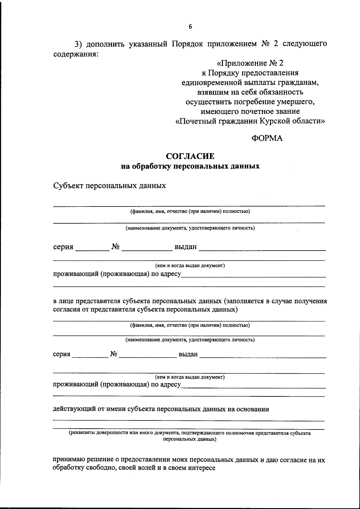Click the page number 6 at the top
190,27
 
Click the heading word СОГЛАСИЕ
190,156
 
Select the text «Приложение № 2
250,63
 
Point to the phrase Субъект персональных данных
109,185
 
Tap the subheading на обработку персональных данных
190,166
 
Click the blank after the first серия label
92,248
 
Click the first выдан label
185,247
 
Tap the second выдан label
188,354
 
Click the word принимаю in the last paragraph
69,460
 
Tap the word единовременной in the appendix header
212,83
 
